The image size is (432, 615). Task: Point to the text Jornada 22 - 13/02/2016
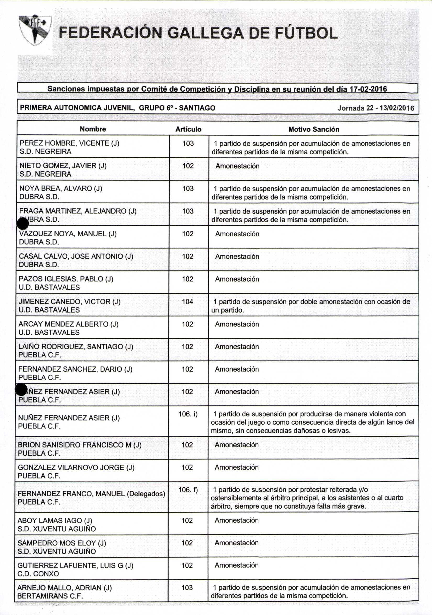[375, 108]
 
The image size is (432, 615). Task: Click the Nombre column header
[93, 129]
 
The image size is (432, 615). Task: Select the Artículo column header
[188, 129]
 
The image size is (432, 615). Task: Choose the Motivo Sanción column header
[314, 129]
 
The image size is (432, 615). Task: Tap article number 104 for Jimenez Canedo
[188, 302]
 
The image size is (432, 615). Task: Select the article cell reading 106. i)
[188, 414]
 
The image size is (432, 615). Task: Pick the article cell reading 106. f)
[188, 490]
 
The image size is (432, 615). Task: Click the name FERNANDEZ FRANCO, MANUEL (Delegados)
[91, 494]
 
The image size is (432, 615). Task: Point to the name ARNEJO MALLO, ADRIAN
[64, 588]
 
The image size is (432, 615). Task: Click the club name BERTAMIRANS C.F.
[50, 596]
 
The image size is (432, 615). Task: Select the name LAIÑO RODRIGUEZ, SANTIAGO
[76, 347]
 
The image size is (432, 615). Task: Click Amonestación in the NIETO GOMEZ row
[237, 166]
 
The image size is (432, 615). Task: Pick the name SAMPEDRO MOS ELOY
[62, 543]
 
